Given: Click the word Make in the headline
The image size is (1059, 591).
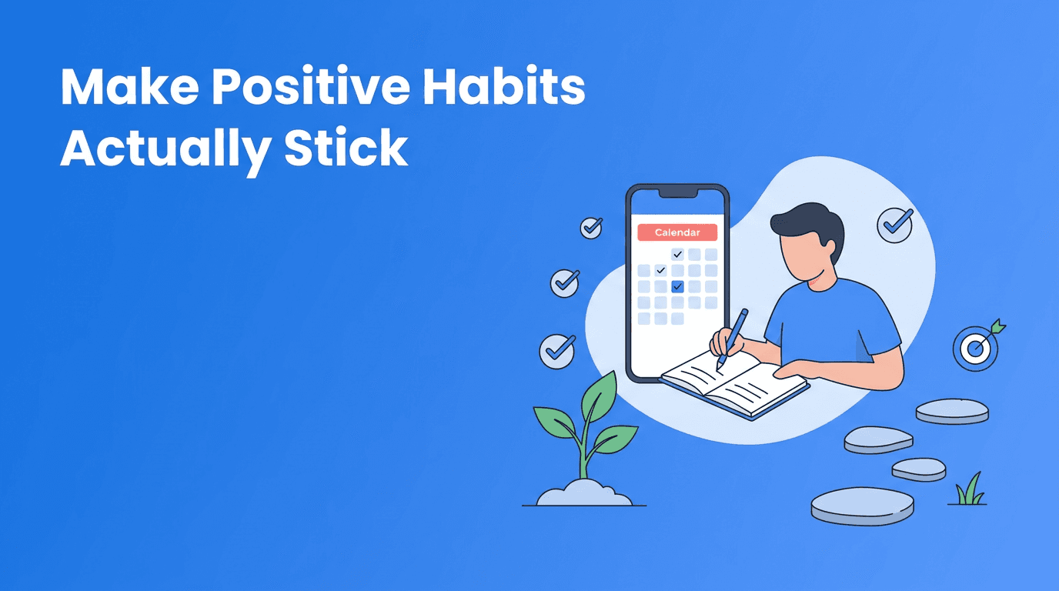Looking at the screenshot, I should pos(128,88).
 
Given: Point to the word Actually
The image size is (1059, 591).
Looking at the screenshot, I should pos(164,149).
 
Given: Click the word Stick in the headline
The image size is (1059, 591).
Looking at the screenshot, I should pos(346,149).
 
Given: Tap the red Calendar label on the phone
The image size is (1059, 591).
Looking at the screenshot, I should pos(677,232).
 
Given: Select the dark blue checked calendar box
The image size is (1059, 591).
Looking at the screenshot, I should pos(677,286).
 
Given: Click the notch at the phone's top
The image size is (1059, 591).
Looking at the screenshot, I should pos(677,192).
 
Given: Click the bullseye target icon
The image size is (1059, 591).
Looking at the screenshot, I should pos(975,349).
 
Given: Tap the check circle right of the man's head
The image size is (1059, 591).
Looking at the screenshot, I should pos(894,224).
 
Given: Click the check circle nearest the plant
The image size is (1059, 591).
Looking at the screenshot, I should pos(557,352).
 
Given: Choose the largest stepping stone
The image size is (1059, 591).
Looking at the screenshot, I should pos(862,506).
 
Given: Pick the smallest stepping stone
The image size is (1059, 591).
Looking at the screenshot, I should pos(919,469).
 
